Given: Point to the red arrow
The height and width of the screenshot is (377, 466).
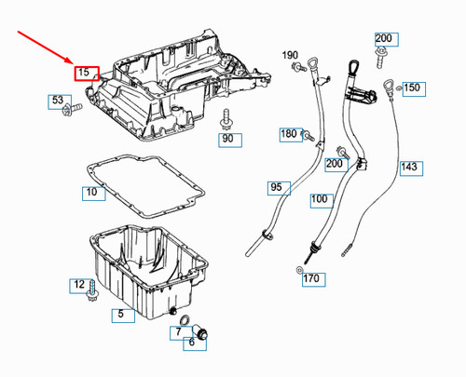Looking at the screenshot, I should tap(47, 47).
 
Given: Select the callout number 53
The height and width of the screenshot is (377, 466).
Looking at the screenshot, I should tap(58, 101).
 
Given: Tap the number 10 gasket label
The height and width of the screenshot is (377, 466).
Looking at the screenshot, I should tap(91, 194).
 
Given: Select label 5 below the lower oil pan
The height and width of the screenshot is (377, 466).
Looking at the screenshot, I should tap(119, 315).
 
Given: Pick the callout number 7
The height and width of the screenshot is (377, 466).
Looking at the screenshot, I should tap(177, 331).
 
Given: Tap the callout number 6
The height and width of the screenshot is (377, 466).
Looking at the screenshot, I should tap(191, 343).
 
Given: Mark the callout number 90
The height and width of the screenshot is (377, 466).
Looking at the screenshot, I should tap(227, 139).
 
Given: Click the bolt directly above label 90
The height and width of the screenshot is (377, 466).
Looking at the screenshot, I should tap(226, 119).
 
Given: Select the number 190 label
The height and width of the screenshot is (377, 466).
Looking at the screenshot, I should tap(290, 56).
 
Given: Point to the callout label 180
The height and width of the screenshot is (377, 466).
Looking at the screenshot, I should tap(289, 135).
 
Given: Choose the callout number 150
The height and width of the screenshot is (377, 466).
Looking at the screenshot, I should tap(411, 88).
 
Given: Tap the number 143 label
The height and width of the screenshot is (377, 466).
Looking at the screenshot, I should tap(409, 168).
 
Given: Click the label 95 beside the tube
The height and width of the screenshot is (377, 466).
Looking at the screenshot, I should tap(276, 188).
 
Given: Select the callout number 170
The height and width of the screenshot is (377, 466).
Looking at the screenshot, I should tap(311, 278).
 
